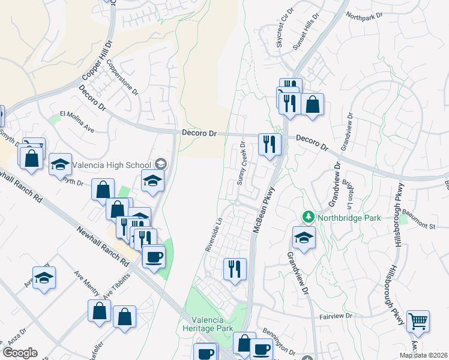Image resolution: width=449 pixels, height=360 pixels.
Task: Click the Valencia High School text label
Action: tap(112, 164)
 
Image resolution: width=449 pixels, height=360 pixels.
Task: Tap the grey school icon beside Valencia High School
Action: tap(160, 164)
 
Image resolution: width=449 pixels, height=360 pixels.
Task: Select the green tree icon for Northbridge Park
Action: tap(309, 216)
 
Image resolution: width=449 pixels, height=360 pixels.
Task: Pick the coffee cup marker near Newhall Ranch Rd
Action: tap(154, 257)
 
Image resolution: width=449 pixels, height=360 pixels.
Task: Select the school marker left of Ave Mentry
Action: tap(44, 277)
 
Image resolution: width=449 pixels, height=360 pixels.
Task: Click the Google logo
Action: tap(20, 353)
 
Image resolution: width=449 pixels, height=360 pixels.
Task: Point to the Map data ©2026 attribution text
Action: tap(424, 355)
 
